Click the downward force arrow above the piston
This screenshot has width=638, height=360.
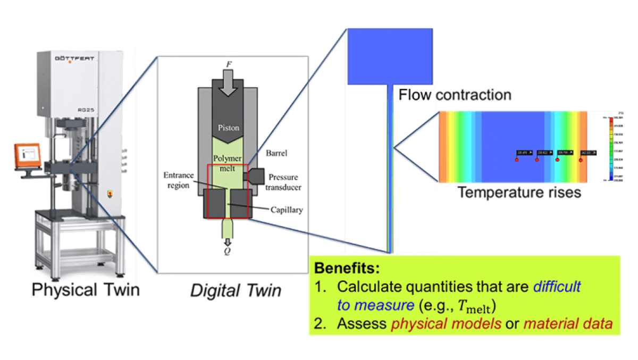point(228,83)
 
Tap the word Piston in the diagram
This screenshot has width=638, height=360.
point(228,128)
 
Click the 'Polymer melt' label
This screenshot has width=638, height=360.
point(227,163)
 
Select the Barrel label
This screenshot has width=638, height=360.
point(276,154)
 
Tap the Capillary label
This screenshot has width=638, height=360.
point(286,210)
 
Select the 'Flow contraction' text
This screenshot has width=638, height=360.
point(455,95)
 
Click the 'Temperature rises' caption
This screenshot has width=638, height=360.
point(519,192)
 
